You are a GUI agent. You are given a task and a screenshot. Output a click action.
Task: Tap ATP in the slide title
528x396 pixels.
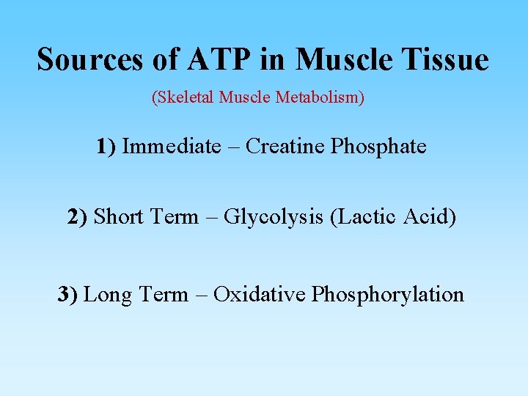point(218,59)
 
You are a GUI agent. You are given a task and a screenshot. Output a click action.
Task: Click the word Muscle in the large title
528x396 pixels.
point(341,59)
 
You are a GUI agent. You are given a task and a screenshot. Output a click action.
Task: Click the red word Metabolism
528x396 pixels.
point(320,98)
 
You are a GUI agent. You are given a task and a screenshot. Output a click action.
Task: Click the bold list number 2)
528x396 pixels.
point(78,217)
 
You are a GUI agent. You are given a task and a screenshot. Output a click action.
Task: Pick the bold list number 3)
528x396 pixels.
point(68,295)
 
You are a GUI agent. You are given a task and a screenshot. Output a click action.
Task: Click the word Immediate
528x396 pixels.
point(171,147)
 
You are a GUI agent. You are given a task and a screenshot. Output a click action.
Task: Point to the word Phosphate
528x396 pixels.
point(378,147)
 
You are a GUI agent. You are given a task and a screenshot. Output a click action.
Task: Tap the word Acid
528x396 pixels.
point(431,217)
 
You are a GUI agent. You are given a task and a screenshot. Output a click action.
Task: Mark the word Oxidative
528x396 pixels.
point(259,295)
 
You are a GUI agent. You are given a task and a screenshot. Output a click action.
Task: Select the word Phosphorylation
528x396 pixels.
point(387,296)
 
